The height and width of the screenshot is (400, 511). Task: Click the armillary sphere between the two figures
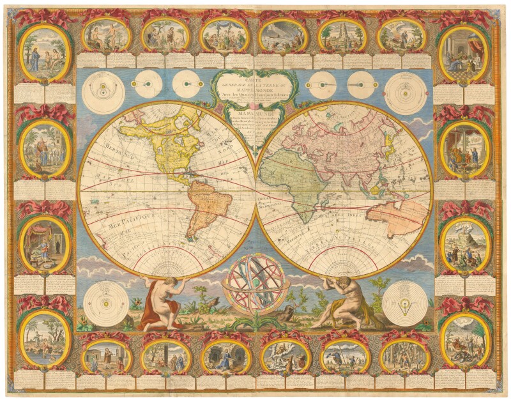[255, 285]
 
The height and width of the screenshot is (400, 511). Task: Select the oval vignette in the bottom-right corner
[466, 339]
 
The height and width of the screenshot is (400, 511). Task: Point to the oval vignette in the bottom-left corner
[44, 339]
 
